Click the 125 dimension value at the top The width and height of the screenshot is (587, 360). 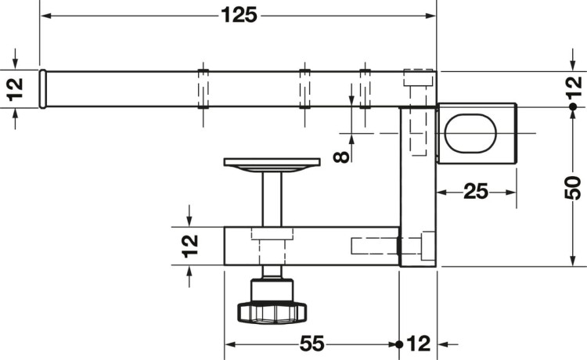239,16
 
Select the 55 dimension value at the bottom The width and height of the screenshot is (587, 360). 311,343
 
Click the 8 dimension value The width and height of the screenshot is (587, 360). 340,156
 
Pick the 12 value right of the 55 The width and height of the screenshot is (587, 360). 420,343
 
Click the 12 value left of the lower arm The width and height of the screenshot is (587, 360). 190,246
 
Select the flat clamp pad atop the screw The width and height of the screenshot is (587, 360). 272,163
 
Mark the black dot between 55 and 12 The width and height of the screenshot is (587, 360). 399,344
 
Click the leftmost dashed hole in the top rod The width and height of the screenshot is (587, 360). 202,88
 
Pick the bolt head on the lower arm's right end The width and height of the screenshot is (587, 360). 427,247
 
